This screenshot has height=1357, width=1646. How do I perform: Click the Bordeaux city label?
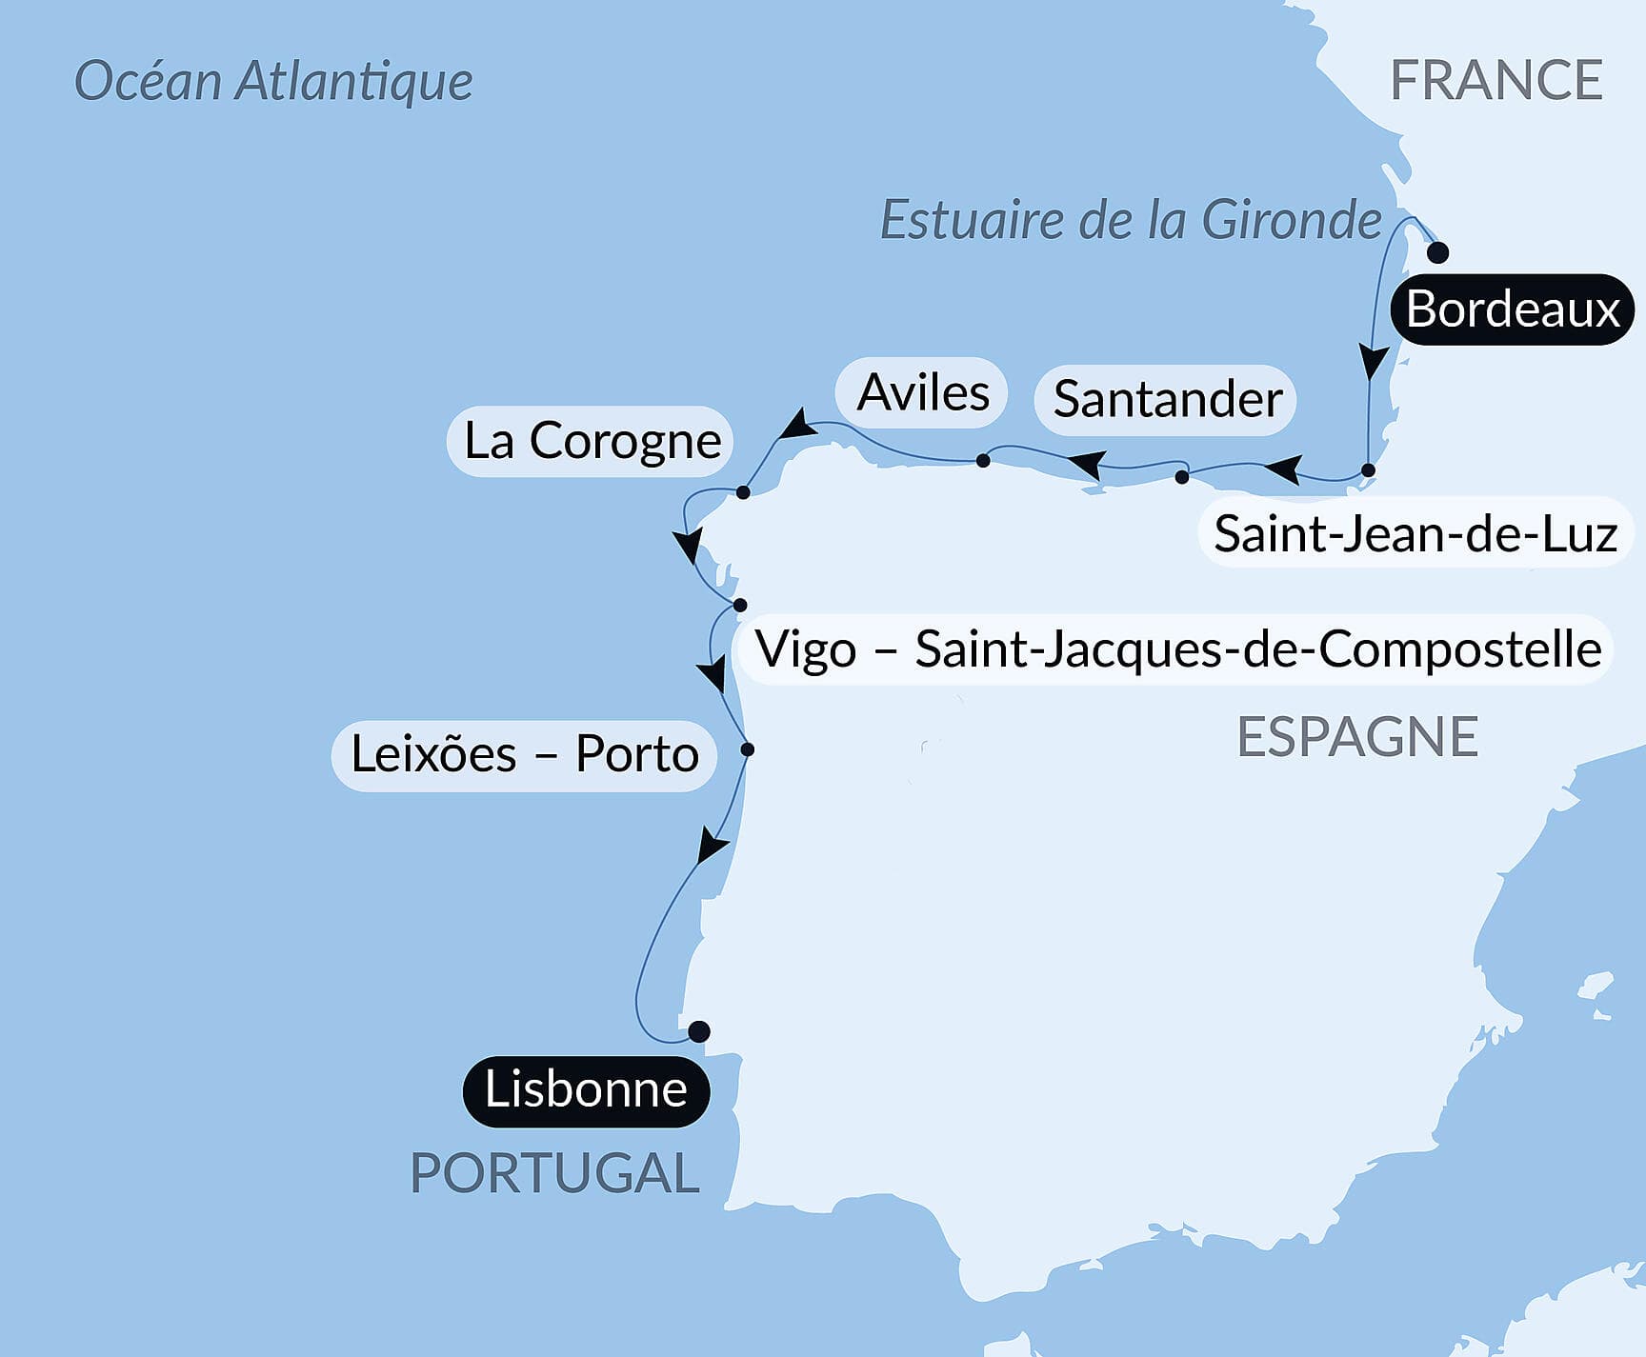click(x=1512, y=309)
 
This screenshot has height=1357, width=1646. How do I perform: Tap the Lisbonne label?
click(x=586, y=1090)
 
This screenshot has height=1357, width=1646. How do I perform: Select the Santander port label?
click(x=1166, y=399)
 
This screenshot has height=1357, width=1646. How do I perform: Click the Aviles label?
click(x=922, y=392)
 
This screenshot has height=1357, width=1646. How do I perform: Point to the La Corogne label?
click(x=591, y=441)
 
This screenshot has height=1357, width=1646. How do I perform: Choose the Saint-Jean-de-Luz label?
click(x=1415, y=533)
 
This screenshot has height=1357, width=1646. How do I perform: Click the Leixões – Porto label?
click(x=524, y=754)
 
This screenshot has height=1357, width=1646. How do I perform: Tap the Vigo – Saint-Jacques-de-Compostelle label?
click(x=1177, y=649)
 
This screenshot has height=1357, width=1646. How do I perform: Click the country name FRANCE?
click(x=1495, y=80)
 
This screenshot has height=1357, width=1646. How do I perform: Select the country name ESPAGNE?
click(x=1356, y=736)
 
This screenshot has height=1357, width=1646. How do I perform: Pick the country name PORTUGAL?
click(x=554, y=1172)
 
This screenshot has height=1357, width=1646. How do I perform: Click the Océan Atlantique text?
click(x=273, y=81)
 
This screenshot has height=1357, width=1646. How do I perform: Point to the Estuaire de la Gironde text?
click(x=1131, y=220)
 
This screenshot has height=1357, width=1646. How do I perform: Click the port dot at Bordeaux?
click(x=1437, y=252)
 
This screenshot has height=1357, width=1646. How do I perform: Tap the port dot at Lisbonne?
click(x=699, y=1031)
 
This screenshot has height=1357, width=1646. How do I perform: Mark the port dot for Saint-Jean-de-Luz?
click(x=1368, y=469)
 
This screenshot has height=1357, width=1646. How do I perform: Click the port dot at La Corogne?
click(x=743, y=492)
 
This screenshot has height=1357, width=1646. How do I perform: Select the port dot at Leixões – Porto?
click(x=748, y=749)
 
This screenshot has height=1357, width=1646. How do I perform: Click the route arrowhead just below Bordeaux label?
click(x=1372, y=363)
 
